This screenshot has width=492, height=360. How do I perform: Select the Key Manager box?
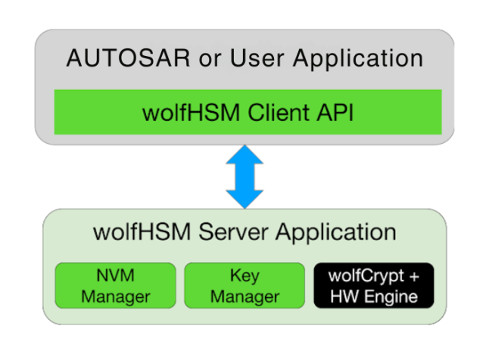244,285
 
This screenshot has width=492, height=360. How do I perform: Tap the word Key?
244,275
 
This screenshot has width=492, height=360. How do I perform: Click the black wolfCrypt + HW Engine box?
374,285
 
